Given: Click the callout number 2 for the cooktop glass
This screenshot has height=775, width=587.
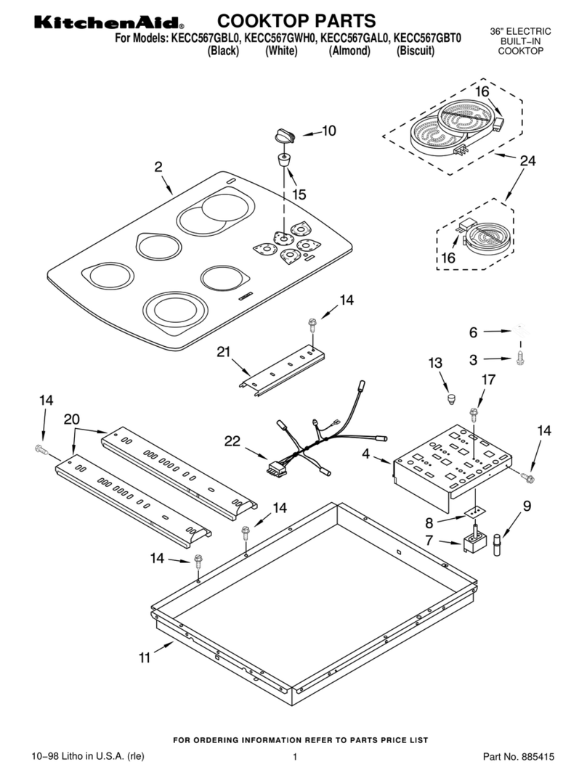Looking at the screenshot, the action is (x=158, y=167).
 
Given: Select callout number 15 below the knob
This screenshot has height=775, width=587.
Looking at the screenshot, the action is (x=299, y=194).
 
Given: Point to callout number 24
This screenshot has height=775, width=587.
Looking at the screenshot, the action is (x=527, y=160).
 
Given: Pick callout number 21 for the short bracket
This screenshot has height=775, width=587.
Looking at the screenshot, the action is (x=224, y=351).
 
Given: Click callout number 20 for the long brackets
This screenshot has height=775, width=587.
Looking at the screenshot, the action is (x=71, y=419).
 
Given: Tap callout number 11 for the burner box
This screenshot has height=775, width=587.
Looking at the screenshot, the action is (x=144, y=658).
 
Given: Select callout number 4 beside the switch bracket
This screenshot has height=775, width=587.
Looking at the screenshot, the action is (x=365, y=454).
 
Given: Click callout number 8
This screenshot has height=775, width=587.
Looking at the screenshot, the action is (x=429, y=523).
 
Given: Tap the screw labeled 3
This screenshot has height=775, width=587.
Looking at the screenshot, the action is (x=519, y=358).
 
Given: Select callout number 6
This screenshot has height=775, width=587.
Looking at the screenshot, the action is (x=473, y=332).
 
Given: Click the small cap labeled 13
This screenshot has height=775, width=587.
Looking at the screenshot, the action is (x=450, y=398).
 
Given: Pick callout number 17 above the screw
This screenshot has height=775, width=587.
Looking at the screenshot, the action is (x=488, y=380).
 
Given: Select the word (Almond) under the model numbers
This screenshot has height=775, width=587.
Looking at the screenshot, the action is (x=349, y=50).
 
